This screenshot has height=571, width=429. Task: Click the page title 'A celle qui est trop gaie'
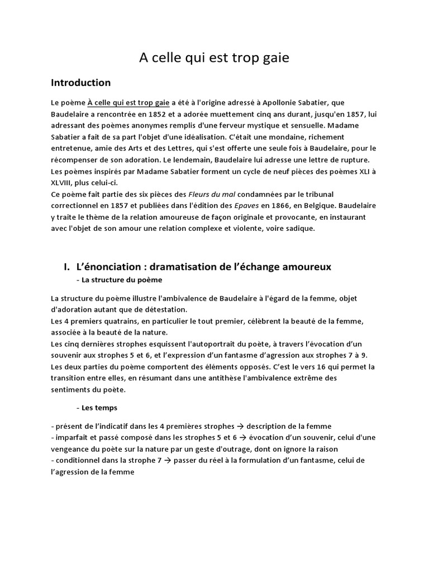point(214,57)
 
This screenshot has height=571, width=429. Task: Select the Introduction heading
point(80,83)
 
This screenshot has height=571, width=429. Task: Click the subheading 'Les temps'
point(99,408)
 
